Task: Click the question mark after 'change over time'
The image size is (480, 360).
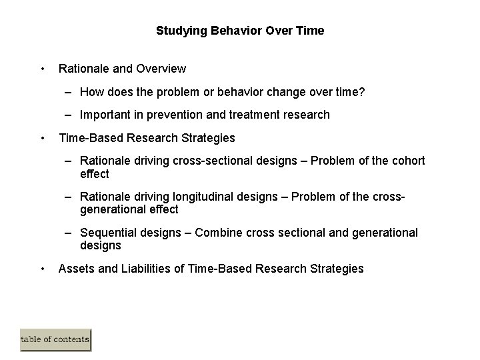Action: [x=361, y=91]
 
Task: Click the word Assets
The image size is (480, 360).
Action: [x=76, y=269]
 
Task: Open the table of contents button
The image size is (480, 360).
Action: [x=55, y=339]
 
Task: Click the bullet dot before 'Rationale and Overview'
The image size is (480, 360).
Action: [x=43, y=69]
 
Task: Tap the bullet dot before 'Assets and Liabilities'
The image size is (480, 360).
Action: [x=43, y=269]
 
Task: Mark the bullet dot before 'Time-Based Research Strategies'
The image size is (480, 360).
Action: [x=43, y=138]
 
